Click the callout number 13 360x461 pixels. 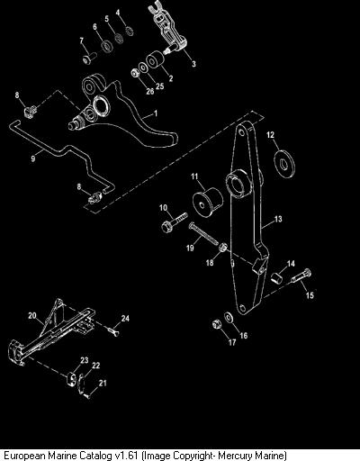pyautogui.click(x=278, y=219)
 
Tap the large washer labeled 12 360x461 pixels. pyautogui.click(x=284, y=163)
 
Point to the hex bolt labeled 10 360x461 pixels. pyautogui.click(x=174, y=222)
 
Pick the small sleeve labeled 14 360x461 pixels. pyautogui.click(x=277, y=276)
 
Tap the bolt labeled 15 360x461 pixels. pyautogui.click(x=301, y=276)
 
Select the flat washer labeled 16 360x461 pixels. pyautogui.click(x=229, y=317)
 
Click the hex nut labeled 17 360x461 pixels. pyautogui.click(x=217, y=324)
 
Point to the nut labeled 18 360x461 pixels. pyautogui.click(x=222, y=249)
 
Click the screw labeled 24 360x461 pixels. pyautogui.click(x=113, y=331)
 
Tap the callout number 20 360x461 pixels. pyautogui.click(x=32, y=315)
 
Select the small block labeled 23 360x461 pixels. pyautogui.click(x=71, y=379)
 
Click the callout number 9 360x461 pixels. pyautogui.click(x=33, y=158)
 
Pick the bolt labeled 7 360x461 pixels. pyautogui.click(x=89, y=58)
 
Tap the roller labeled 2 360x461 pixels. pyautogui.click(x=156, y=60)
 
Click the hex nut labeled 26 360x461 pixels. pyautogui.click(x=135, y=73)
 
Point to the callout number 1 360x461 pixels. pyautogui.click(x=156, y=113)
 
